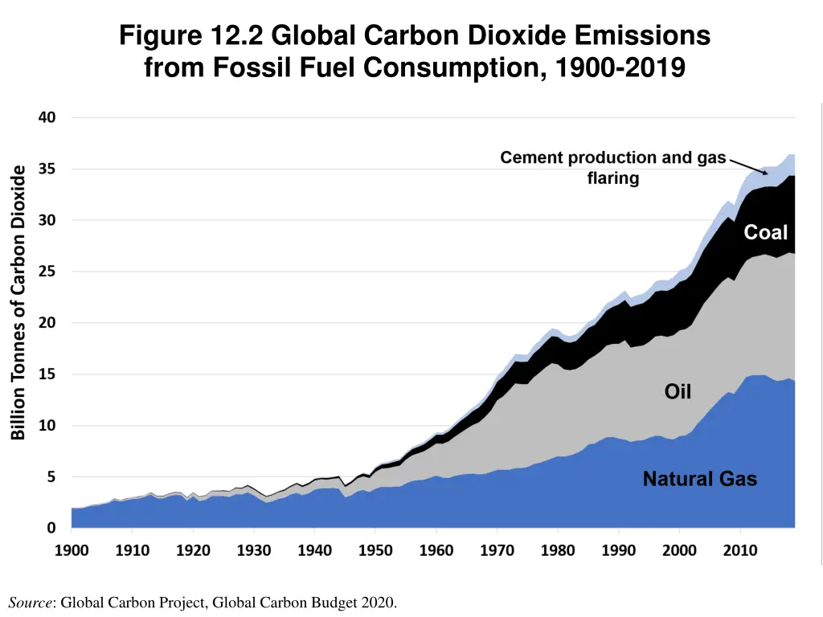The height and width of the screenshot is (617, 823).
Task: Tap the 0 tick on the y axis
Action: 51,528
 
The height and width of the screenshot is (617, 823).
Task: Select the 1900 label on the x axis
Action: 72,551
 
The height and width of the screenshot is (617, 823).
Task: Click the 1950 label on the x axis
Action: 376,551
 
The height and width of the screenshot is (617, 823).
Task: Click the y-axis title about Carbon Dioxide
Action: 18,302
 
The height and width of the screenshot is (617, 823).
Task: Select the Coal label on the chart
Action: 765,232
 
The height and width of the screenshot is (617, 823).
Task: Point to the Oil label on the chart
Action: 678,391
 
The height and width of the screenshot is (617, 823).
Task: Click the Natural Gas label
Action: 699,480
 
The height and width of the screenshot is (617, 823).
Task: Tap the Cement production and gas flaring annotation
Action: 612,168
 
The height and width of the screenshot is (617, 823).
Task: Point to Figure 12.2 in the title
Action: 193,36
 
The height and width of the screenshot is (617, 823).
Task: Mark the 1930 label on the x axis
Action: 255,551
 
